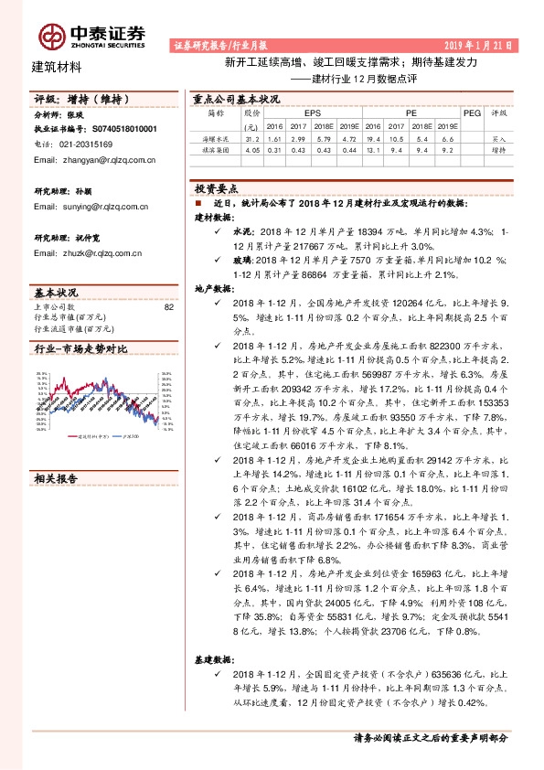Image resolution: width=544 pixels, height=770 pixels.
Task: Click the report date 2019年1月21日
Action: point(478,44)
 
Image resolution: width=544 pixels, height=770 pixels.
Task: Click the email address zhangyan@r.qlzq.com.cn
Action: point(93,160)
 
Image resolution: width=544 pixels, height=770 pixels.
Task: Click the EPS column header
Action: point(301,112)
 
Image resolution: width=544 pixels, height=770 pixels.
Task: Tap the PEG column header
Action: point(472,112)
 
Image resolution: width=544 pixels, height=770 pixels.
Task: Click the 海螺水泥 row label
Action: point(215,138)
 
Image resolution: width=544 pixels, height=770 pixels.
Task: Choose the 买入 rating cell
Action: point(499,138)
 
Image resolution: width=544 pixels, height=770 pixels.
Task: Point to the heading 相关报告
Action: point(57,477)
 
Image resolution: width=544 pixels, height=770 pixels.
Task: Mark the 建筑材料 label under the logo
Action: point(57,67)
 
